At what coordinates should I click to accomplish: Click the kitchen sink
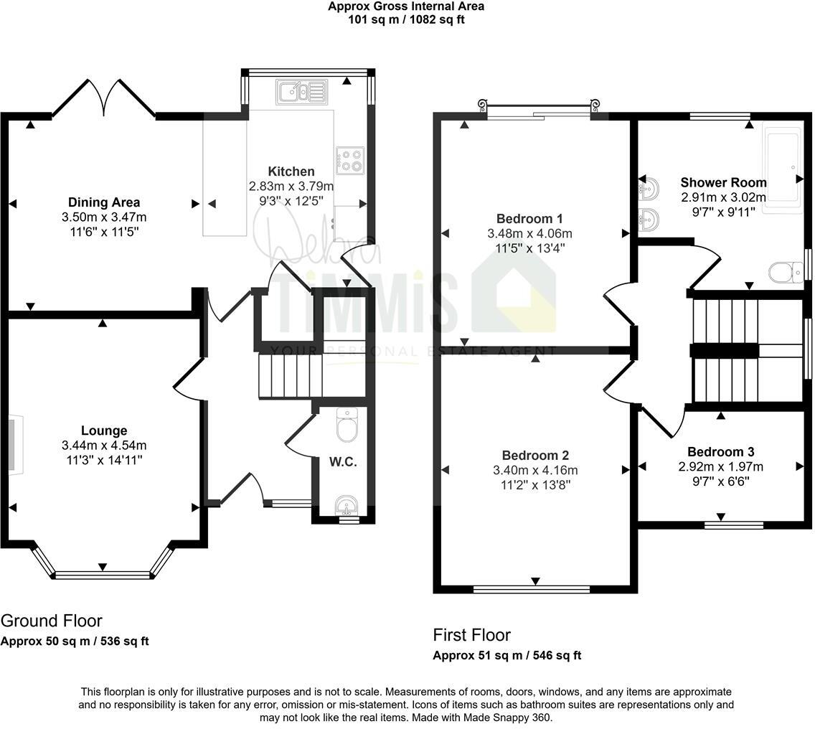click(x=301, y=90)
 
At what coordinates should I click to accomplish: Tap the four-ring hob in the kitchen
click(x=349, y=159)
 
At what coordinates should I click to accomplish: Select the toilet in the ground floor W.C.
click(x=347, y=425)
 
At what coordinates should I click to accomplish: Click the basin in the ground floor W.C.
click(x=347, y=506)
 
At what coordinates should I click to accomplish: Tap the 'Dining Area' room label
click(x=104, y=202)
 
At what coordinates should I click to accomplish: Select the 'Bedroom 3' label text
click(x=720, y=452)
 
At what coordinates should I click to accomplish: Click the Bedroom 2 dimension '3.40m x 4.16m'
click(x=535, y=471)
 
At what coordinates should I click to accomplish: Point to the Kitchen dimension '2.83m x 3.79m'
click(x=291, y=187)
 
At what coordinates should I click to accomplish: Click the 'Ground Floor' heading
click(x=52, y=621)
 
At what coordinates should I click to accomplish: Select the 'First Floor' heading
click(x=471, y=635)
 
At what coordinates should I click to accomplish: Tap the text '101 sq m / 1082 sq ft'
click(x=406, y=19)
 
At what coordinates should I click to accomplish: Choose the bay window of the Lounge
click(x=103, y=573)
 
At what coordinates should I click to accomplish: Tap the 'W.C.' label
click(x=343, y=462)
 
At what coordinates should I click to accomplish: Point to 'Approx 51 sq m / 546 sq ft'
click(x=507, y=655)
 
